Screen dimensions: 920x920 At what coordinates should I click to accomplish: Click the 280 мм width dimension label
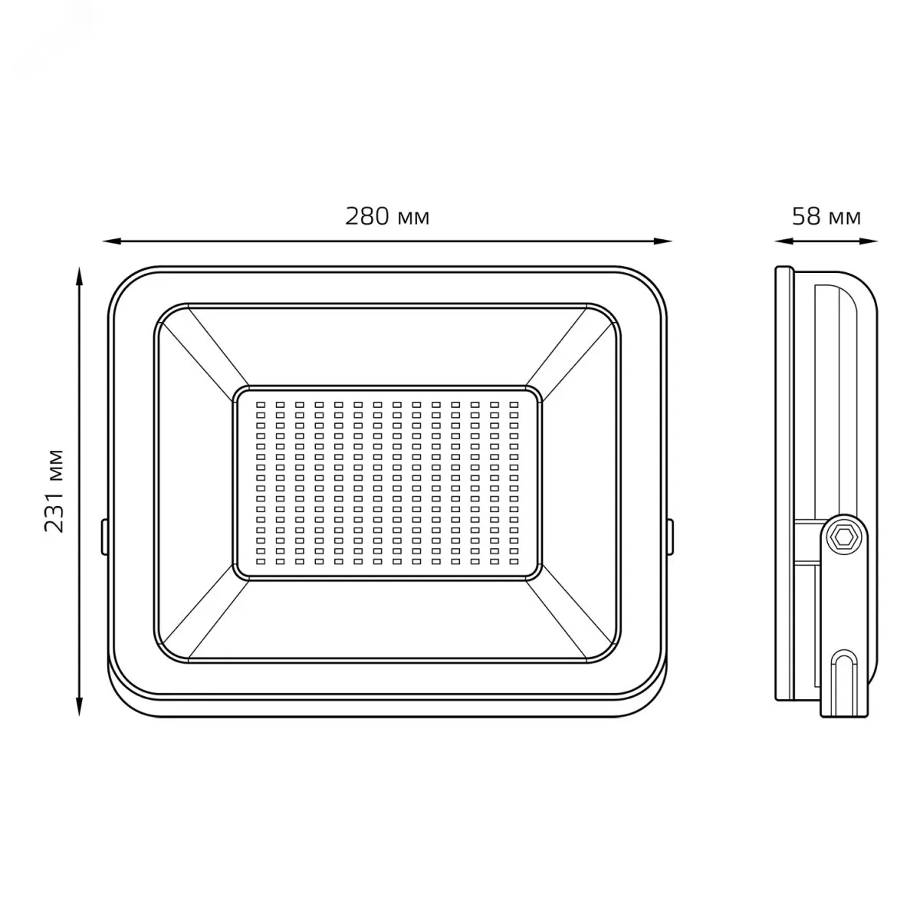[387, 216]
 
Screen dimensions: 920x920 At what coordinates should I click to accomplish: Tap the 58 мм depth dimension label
[826, 216]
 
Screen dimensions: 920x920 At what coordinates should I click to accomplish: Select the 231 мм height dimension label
[54, 491]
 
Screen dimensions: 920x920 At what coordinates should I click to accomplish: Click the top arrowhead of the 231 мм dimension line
[80, 277]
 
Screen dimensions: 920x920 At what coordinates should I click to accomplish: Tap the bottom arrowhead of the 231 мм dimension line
[80, 706]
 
